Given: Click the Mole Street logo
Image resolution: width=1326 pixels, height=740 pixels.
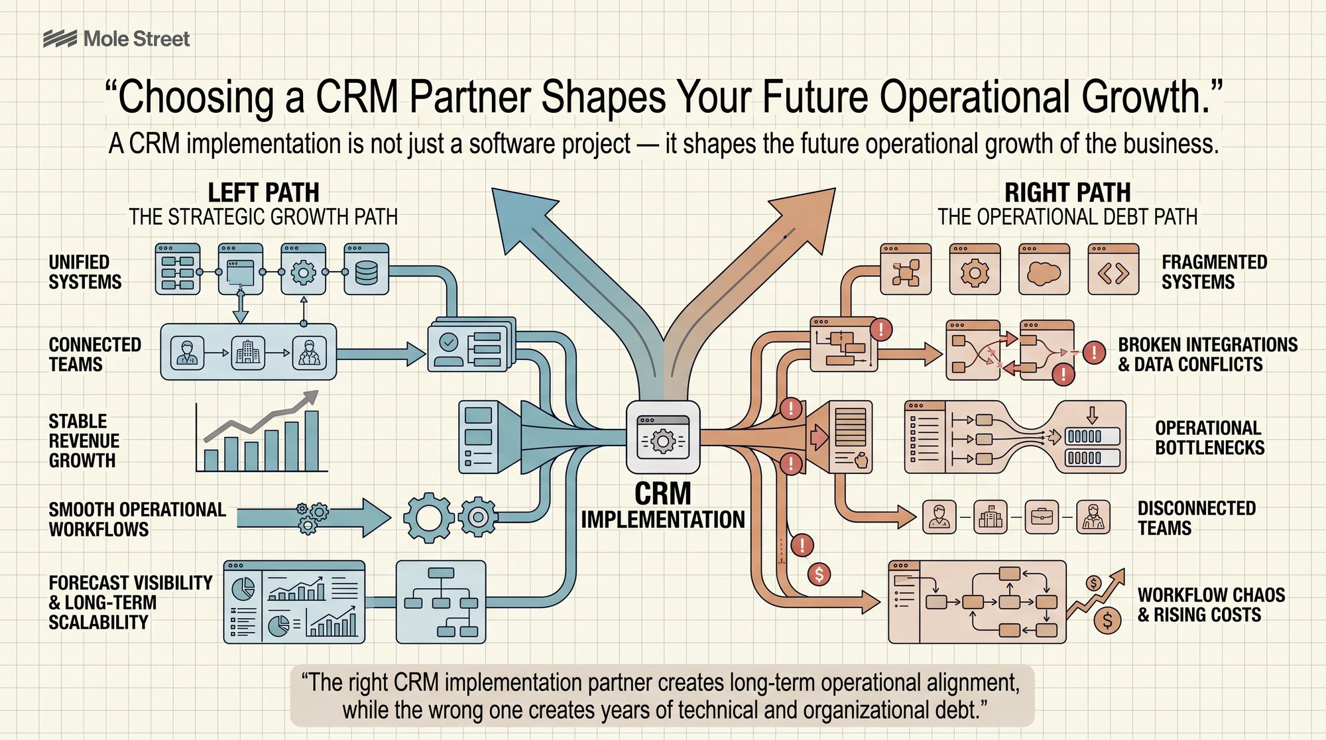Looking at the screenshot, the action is [116, 38].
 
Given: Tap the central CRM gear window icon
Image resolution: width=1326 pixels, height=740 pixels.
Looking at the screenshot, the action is [663, 437].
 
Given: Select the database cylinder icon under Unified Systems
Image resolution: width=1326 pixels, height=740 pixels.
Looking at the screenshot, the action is [366, 269].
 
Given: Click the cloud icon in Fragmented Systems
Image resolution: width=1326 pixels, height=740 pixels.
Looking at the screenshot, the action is [1044, 269].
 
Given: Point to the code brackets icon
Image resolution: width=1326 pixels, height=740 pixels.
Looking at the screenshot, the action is [1113, 269].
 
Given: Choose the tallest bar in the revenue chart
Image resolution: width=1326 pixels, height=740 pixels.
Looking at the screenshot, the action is [312, 440].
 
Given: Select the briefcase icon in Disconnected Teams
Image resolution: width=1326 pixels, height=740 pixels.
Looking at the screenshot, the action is [1042, 517].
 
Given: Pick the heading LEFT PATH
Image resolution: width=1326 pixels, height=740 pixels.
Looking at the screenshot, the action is [263, 192].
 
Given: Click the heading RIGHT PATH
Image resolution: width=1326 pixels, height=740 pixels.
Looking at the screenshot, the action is [1067, 192].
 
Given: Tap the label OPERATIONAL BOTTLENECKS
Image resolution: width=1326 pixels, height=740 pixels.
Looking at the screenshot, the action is [1209, 438].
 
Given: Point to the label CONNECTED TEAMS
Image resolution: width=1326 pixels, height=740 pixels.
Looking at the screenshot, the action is [95, 354].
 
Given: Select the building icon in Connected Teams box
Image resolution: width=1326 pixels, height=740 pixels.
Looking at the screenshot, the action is [248, 353].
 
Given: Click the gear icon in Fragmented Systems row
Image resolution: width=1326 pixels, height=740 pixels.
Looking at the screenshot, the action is [975, 269].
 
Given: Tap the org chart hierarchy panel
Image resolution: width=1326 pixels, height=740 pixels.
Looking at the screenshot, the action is [441, 602].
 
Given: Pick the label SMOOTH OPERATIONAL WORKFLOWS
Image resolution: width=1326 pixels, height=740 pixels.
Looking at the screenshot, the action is [137, 519].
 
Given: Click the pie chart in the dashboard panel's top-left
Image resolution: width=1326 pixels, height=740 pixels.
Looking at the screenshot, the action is [243, 587].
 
